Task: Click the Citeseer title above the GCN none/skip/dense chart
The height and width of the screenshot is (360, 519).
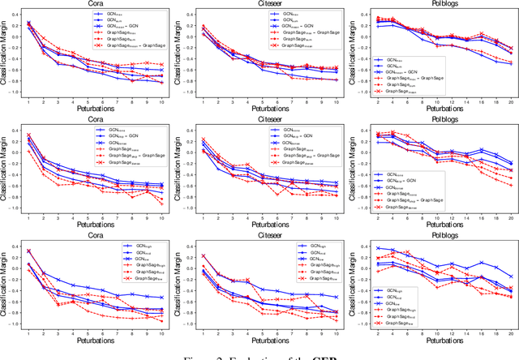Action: [261, 120]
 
